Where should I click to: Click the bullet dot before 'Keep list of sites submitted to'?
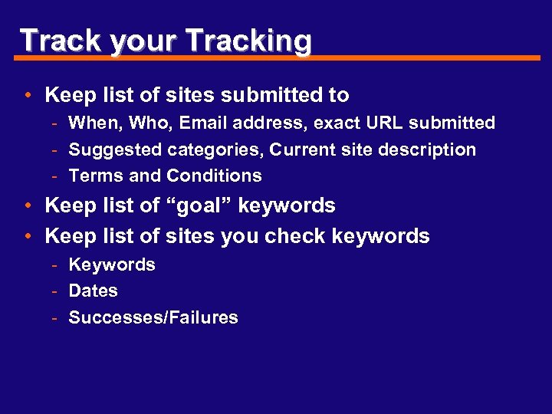pyautogui.click(x=27, y=96)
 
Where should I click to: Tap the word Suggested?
pyautogui.click(x=113, y=149)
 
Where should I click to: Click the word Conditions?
pyautogui.click(x=214, y=176)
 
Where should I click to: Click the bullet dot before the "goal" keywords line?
pyautogui.click(x=27, y=206)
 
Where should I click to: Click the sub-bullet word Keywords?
pyautogui.click(x=112, y=264)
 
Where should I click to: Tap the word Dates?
pyautogui.click(x=94, y=291)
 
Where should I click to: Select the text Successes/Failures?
pyautogui.click(x=153, y=317)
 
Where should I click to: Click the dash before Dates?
pyautogui.click(x=57, y=291)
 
